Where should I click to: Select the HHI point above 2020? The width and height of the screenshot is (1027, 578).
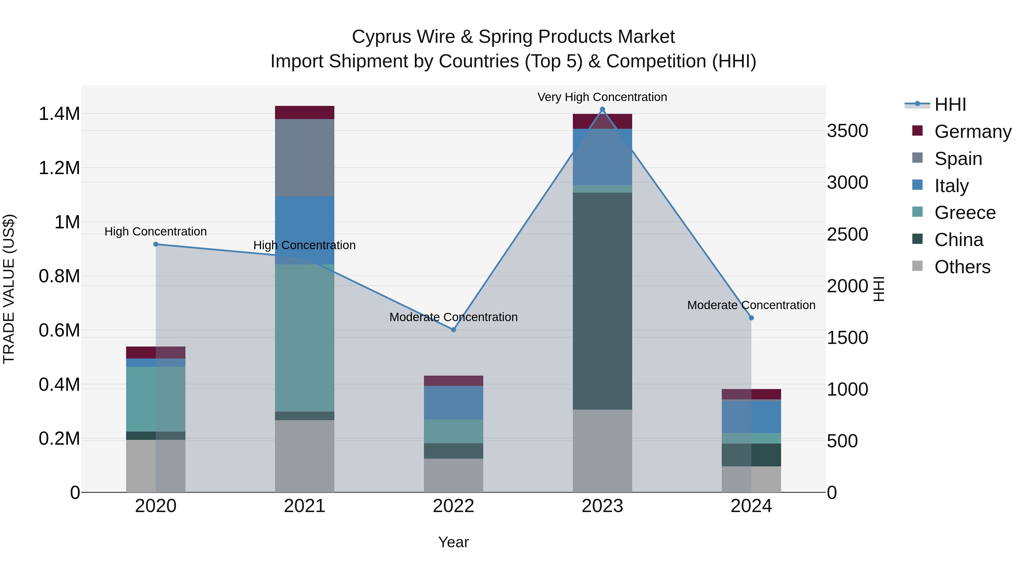point(156,244)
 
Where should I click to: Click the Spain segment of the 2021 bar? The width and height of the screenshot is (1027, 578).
point(305,158)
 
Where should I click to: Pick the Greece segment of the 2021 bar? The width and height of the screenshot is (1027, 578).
point(305,338)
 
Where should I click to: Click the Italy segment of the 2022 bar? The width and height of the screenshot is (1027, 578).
point(453,402)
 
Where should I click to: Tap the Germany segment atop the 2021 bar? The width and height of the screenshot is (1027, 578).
point(305,112)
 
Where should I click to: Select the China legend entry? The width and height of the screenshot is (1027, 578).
point(959,240)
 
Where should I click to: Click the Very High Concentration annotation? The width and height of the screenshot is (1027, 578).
point(602,97)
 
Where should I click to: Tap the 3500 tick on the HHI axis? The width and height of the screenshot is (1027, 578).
point(848,131)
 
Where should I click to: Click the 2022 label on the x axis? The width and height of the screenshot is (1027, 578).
point(453,506)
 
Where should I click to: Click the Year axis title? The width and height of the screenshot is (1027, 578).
point(453,542)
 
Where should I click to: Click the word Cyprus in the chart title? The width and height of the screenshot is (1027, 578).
point(403,37)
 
